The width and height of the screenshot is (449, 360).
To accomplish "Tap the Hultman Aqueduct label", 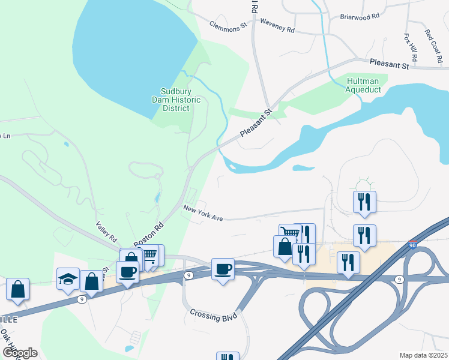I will click(x=363, y=85).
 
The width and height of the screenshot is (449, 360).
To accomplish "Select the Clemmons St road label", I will click(x=228, y=26).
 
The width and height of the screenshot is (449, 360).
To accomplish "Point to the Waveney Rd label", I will click(x=277, y=25).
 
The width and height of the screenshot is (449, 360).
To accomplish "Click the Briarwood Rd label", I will click(x=360, y=17).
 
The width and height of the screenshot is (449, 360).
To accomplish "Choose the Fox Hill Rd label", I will click(x=411, y=46).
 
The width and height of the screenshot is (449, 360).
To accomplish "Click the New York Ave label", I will click(x=203, y=213).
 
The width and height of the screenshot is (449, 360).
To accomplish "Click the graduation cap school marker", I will click(x=68, y=278).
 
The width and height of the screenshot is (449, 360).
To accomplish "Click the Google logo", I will click(x=20, y=352).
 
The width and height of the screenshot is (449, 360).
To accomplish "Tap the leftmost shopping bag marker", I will click(x=17, y=289).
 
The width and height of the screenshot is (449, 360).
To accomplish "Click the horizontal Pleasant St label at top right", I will click(x=389, y=62).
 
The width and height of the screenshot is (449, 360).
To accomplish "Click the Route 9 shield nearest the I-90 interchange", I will click(x=399, y=279).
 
